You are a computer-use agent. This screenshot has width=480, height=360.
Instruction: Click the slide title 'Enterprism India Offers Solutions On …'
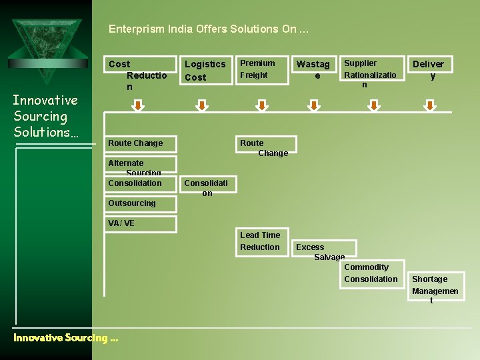209,29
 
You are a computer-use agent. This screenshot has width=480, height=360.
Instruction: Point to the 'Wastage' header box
313,70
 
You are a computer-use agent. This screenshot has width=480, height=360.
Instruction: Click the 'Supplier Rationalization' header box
372,72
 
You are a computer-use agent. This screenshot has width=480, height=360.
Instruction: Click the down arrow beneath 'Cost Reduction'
137,106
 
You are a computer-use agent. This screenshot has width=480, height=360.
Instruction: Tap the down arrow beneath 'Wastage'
312,106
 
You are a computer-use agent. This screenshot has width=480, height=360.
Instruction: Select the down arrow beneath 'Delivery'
431,106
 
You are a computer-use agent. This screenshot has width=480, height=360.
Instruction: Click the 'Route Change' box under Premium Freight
265,147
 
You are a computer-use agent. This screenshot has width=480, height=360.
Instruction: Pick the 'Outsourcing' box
142,203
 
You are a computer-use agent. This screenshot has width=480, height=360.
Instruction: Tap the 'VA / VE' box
142,223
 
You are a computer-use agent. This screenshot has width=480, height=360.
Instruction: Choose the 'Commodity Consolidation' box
371,273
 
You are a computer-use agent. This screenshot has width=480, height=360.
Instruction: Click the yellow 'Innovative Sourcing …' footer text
65,338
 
